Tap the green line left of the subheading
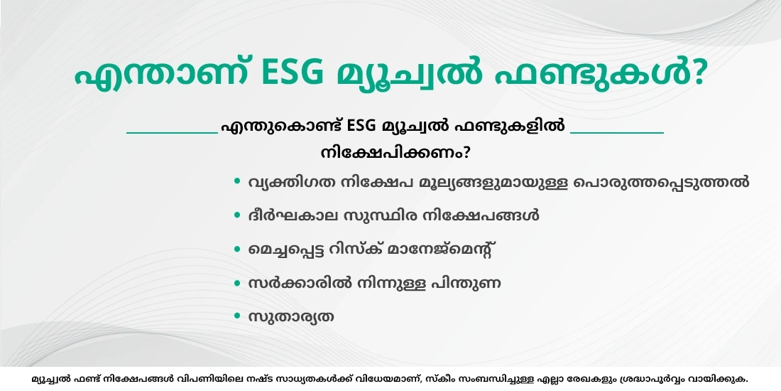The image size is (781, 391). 172,132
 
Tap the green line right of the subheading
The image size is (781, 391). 617,132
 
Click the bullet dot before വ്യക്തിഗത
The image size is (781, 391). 237,181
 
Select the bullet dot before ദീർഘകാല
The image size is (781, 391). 237,215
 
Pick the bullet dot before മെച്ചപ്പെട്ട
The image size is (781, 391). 237,250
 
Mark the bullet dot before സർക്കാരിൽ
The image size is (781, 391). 237,283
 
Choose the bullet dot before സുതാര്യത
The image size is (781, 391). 237,316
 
